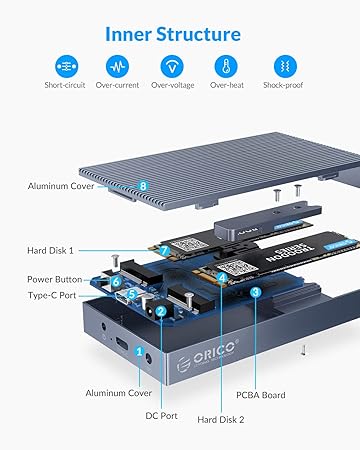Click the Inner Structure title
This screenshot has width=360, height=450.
click(173, 34)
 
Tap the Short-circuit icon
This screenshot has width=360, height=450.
click(67, 66)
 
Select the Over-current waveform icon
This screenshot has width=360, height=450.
click(117, 66)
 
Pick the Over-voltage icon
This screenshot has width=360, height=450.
click(172, 66)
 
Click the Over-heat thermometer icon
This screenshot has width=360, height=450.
click(226, 66)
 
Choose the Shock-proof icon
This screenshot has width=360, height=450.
click(285, 66)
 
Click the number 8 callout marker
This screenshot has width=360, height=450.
click(143, 186)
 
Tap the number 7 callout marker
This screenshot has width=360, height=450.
click(164, 250)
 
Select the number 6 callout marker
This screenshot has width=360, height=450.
click(116, 281)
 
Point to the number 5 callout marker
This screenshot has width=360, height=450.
click(132, 294)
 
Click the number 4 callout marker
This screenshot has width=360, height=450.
click(222, 277)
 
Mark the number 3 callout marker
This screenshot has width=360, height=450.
click(255, 292)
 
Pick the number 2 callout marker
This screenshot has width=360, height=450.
click(161, 311)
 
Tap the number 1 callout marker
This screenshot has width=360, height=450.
click(139, 351)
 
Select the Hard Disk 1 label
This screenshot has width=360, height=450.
click(50, 251)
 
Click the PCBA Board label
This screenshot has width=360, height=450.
click(261, 395)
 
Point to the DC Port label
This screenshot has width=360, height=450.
click(161, 416)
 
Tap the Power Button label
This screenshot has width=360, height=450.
click(55, 279)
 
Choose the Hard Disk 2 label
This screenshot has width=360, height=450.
click(221, 420)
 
